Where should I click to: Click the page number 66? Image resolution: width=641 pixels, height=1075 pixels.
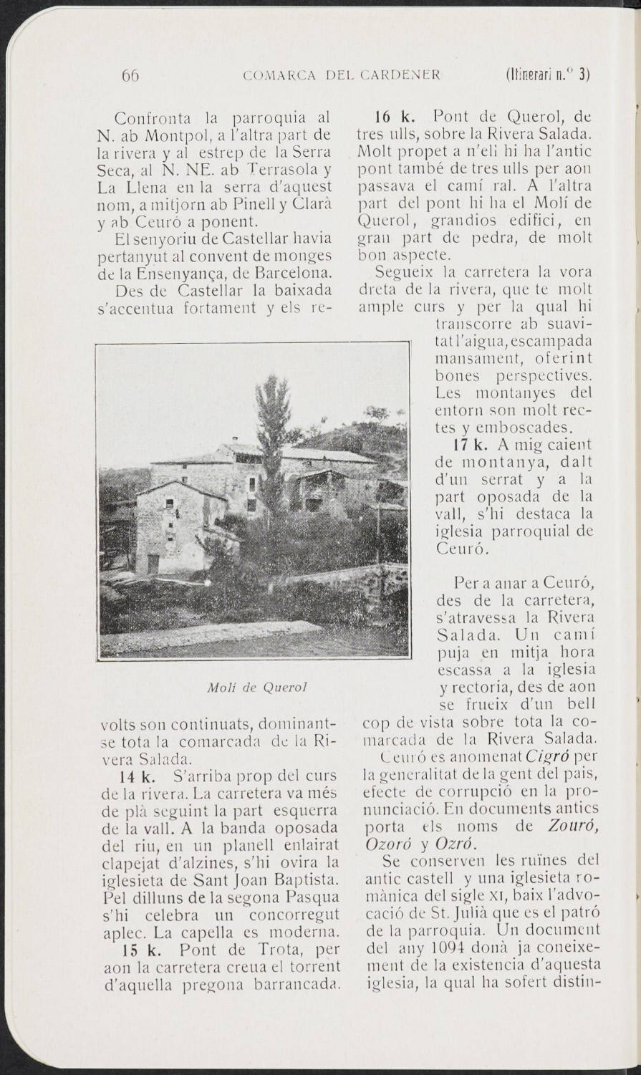tap(130, 74)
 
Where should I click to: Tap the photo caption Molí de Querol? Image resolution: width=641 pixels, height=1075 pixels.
tap(256, 687)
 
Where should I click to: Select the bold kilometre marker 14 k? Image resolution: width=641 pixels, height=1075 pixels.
tap(134, 776)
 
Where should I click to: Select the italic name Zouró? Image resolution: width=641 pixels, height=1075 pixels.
tap(572, 826)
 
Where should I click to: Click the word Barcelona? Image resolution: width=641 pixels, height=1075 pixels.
tap(294, 273)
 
